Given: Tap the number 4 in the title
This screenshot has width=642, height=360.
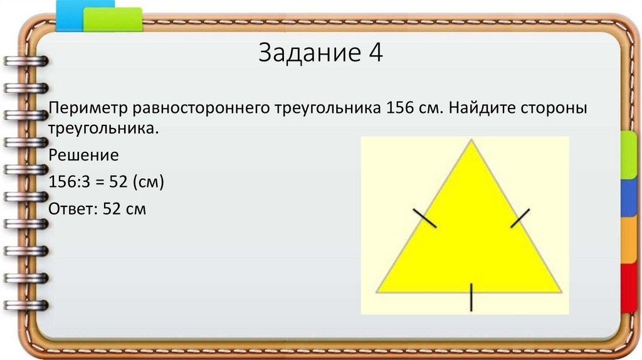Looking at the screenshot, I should [x=375, y=54].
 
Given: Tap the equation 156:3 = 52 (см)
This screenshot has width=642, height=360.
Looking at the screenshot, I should [x=105, y=182].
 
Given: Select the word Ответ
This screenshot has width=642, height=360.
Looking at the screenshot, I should [x=69, y=208].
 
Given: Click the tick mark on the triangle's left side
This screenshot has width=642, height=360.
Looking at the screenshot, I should [x=425, y=218].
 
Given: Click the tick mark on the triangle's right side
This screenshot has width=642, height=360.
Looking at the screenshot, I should [x=520, y=218].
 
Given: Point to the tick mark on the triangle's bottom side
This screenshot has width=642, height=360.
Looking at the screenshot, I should [x=471, y=297].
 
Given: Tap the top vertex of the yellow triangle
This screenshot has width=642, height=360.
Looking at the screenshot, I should [x=471, y=140].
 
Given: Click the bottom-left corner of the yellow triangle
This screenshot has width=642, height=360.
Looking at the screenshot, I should [x=377, y=292].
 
